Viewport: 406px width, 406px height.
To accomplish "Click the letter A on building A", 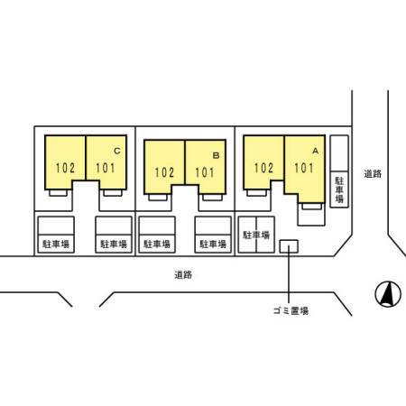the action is click(315, 151).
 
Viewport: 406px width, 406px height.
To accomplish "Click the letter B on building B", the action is click(216, 155).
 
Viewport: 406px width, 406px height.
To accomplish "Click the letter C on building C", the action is click(117, 151).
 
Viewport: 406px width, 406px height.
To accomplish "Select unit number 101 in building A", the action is click(304, 168).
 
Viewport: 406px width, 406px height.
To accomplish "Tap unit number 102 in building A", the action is click(263, 168).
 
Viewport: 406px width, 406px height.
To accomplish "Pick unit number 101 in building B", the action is click(205, 172).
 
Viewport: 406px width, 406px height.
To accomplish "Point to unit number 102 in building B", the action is click(164, 172).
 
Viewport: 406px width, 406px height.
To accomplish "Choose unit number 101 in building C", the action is click(106, 168).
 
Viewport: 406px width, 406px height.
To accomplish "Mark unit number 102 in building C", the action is click(65, 168).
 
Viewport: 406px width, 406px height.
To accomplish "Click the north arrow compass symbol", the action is click(388, 294).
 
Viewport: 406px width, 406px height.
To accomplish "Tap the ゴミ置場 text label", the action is click(291, 310).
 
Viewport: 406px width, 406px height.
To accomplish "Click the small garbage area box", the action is click(289, 246).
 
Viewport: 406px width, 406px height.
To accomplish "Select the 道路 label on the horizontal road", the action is click(183, 274).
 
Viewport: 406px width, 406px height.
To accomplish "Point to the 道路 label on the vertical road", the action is click(373, 174).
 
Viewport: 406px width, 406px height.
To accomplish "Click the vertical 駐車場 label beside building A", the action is click(339, 189).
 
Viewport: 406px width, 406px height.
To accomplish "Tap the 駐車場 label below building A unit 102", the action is click(256, 235).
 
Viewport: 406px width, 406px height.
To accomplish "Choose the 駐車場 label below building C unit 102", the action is click(56, 244).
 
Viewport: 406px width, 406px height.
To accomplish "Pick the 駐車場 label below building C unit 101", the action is click(114, 244).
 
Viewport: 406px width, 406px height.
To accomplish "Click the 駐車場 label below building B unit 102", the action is click(157, 244).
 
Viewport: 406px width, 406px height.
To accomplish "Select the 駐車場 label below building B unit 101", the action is click(213, 244).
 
